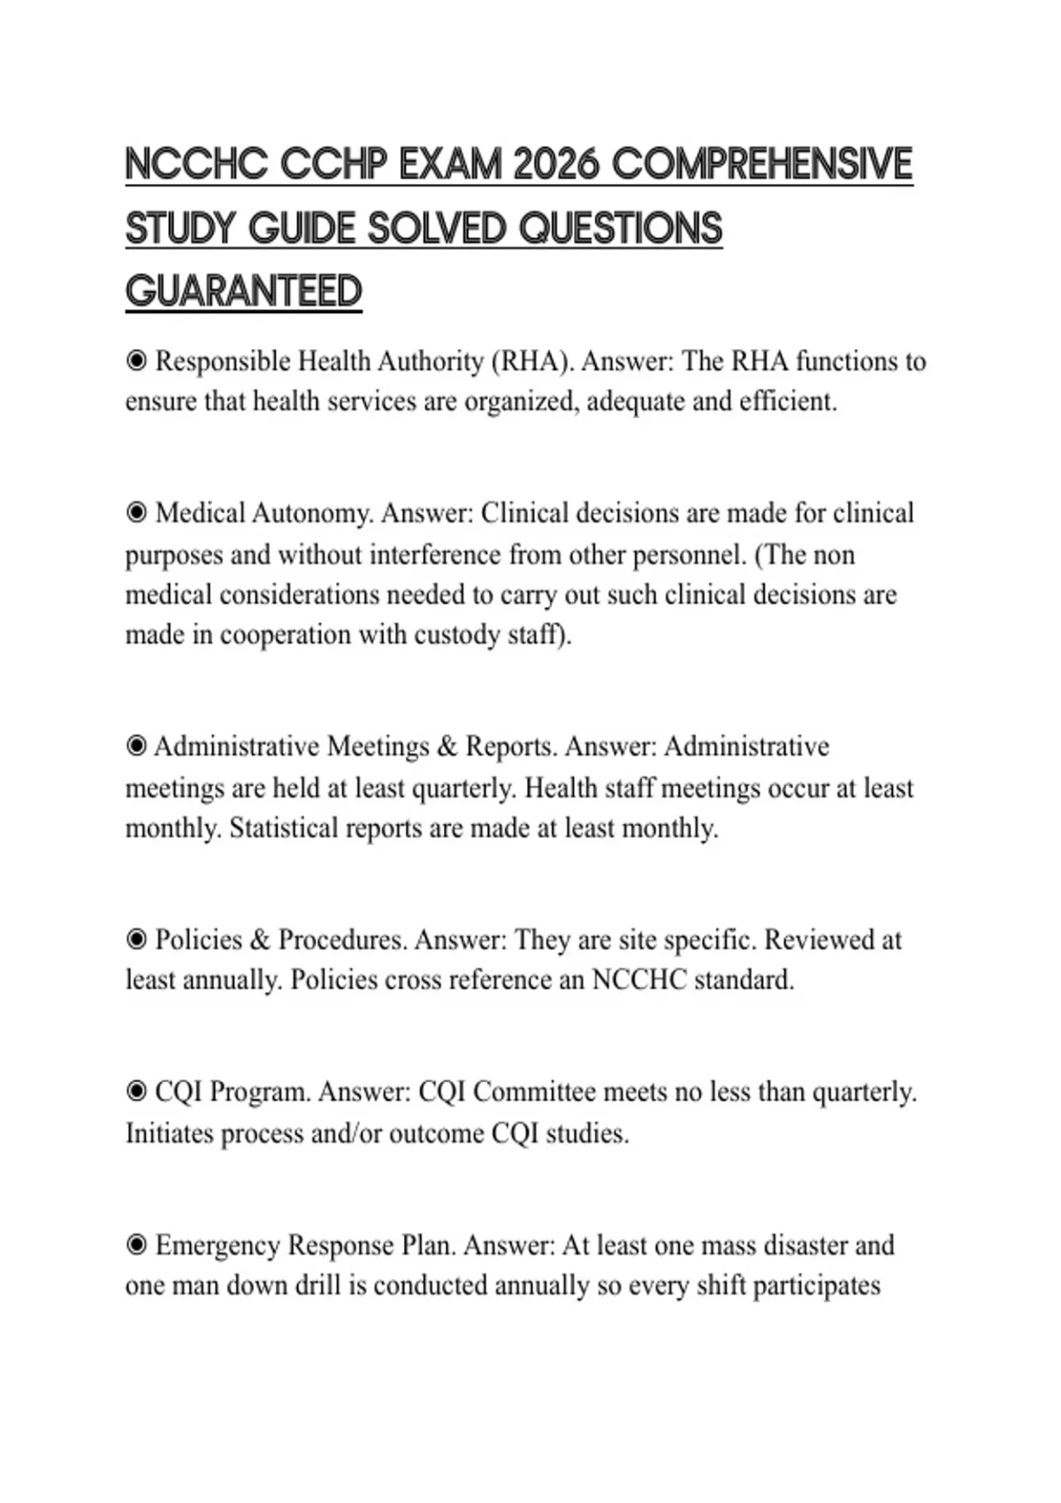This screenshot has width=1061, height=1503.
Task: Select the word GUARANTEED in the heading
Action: pyautogui.click(x=244, y=292)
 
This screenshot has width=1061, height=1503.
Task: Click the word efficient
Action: pyautogui.click(x=788, y=402)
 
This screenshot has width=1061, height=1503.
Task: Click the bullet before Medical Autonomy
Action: pyautogui.click(x=136, y=513)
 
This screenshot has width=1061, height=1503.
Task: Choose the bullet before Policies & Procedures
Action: pyautogui.click(x=136, y=939)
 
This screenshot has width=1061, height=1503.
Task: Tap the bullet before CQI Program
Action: pyautogui.click(x=136, y=1092)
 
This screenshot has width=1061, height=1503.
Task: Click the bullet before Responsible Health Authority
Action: pyautogui.click(x=136, y=361)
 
